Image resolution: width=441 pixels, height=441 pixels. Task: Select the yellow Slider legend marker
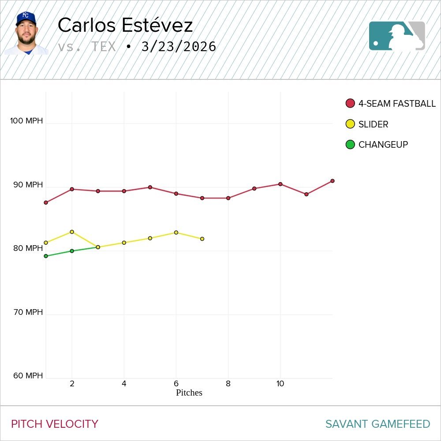(x=350, y=124)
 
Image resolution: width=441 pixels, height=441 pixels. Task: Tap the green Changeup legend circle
(x=350, y=144)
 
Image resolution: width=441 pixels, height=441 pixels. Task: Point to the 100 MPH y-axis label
(x=26, y=121)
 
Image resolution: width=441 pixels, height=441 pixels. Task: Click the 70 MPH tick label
(x=28, y=312)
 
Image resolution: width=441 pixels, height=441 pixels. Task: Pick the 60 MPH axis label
(x=28, y=376)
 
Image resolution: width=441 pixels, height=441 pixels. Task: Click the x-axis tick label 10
(x=280, y=384)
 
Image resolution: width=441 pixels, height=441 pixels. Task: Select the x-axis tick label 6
(x=176, y=384)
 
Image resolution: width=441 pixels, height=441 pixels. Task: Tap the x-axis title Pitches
(x=189, y=392)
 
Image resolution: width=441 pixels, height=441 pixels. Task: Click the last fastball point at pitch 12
(x=332, y=181)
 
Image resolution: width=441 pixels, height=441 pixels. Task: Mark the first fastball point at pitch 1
(x=46, y=202)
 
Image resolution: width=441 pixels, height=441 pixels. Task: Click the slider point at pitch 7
(x=202, y=239)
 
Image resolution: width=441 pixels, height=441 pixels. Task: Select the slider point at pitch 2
(x=72, y=232)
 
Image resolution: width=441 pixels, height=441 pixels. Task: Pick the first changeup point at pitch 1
(x=46, y=256)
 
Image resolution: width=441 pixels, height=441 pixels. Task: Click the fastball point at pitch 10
(x=280, y=184)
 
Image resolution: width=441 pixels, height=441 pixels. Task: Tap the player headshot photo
(x=26, y=34)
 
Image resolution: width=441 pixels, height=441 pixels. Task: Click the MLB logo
(x=397, y=36)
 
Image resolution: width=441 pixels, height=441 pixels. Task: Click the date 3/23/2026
(x=179, y=47)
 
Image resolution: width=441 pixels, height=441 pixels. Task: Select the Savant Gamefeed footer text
(x=377, y=424)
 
